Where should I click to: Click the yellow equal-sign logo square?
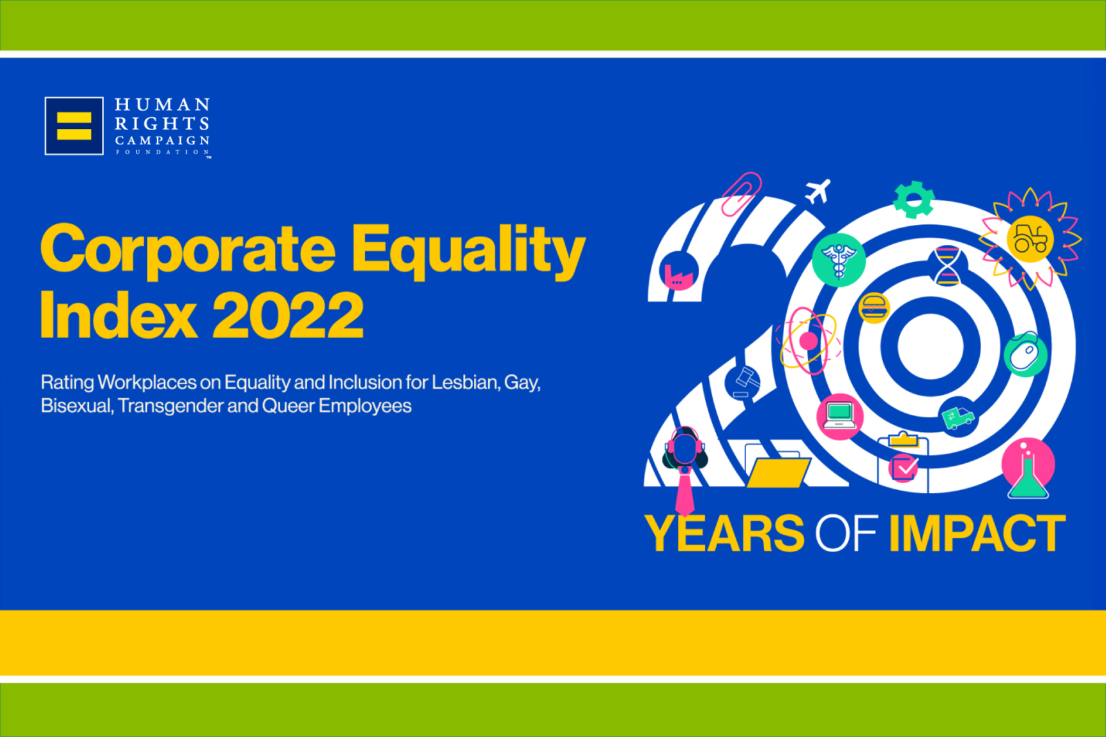74,126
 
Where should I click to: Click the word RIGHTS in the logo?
162,124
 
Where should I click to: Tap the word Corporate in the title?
187,249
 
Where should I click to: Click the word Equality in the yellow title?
468,251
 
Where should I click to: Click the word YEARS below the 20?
724,533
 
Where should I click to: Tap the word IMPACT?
977,533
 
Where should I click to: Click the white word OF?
846,533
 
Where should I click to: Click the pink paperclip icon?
741,194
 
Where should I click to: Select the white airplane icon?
818,191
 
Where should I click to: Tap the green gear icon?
914,200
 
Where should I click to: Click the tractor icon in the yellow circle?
1030,239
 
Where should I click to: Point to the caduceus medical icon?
839,260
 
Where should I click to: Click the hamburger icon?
874,308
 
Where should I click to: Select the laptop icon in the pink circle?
840,417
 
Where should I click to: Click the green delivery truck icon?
958,417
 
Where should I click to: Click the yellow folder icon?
778,472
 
